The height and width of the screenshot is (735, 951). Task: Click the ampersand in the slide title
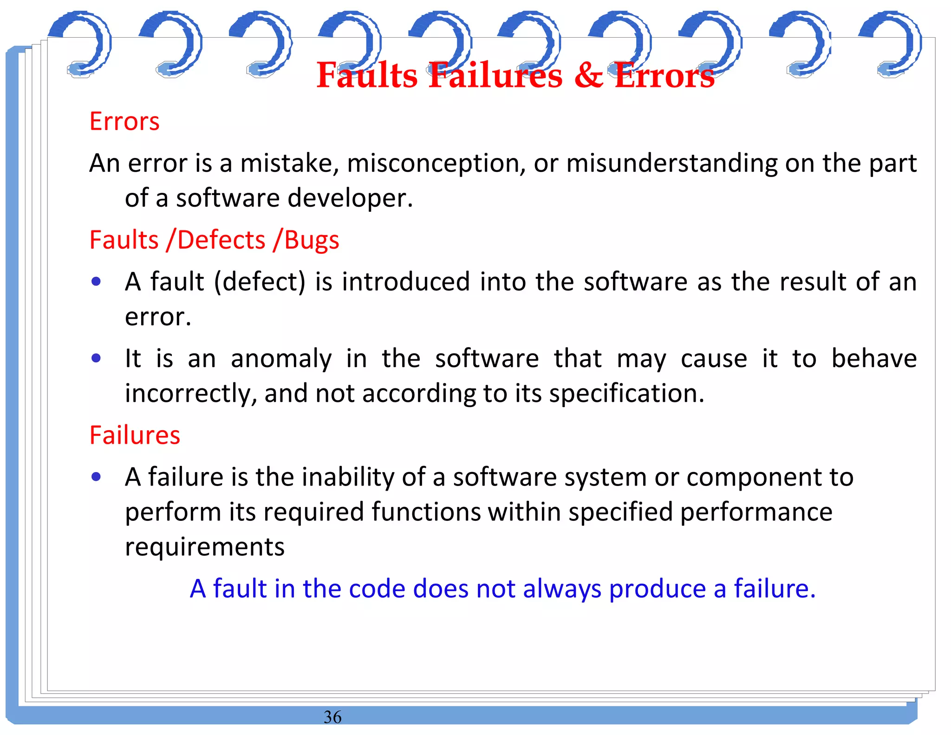click(588, 76)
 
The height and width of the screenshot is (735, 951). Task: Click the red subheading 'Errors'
click(124, 122)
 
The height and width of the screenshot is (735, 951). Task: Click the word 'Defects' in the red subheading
click(221, 240)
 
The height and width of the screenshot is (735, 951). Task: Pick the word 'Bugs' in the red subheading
click(312, 240)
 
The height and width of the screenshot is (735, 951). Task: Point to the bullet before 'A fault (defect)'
click(96, 282)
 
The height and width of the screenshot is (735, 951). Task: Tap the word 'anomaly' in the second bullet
click(281, 359)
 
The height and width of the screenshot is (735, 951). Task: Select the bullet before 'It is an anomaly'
click(96, 358)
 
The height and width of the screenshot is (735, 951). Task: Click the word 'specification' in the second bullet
click(626, 394)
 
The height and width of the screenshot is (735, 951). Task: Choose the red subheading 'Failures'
click(135, 435)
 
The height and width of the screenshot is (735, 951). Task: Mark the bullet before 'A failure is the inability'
click(96, 477)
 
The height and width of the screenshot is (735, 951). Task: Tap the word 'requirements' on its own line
click(205, 547)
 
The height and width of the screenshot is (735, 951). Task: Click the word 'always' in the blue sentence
click(562, 589)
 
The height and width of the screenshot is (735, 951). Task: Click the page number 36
click(332, 717)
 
